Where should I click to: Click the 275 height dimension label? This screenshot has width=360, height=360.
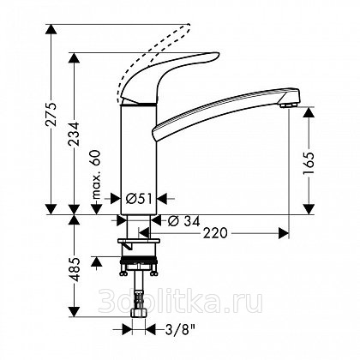point(51,114)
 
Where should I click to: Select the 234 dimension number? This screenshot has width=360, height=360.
point(75,134)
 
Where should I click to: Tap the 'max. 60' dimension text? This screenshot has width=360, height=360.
point(97,175)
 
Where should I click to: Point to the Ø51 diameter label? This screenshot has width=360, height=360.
point(139,198)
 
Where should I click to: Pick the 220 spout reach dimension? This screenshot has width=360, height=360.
point(215,233)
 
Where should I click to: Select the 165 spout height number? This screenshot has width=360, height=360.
point(309,164)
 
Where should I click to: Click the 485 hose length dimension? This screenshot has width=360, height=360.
point(75,269)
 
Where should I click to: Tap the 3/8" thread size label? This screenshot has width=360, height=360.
point(180,331)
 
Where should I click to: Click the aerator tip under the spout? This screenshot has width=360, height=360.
point(289,105)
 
